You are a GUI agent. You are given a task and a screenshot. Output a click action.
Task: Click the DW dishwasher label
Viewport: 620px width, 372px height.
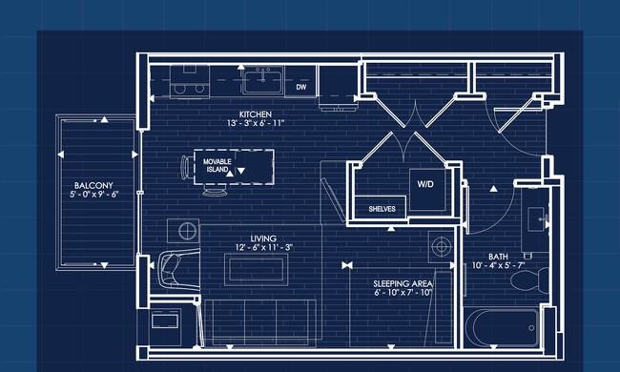click(x=301, y=87)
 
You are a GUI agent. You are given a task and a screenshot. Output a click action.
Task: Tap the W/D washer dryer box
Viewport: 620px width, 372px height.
click(x=427, y=190)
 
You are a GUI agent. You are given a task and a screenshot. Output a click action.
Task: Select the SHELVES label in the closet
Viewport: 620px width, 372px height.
click(x=382, y=209)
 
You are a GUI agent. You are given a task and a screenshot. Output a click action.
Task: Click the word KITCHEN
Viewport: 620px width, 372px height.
click(x=256, y=114)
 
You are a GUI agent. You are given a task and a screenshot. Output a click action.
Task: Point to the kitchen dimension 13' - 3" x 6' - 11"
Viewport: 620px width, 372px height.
click(x=256, y=123)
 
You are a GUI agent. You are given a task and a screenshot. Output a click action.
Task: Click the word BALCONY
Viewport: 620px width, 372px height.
click(x=93, y=185)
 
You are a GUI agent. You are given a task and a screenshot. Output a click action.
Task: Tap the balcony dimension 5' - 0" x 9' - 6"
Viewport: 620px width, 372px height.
click(x=94, y=194)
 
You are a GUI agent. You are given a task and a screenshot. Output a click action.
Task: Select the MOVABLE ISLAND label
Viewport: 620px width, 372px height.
click(x=217, y=166)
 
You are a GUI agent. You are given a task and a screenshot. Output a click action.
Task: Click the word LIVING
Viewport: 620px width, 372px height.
click(x=263, y=238)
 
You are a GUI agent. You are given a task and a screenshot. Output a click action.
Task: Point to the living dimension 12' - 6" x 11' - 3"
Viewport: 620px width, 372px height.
click(x=263, y=247)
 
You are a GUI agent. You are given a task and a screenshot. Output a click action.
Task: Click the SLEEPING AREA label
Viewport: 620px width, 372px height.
click(x=403, y=284)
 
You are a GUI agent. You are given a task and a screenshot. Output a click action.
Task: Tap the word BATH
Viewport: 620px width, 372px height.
click(x=498, y=257)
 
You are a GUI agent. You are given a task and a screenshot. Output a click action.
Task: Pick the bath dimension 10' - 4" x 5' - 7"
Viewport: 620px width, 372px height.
click(x=498, y=265)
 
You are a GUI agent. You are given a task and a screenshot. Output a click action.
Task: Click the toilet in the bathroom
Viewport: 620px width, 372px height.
click(x=530, y=279)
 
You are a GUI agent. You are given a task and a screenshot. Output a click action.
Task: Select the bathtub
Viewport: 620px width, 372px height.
click(x=502, y=328)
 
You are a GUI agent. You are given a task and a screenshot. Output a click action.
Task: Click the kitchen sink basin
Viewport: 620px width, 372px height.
click(x=263, y=81)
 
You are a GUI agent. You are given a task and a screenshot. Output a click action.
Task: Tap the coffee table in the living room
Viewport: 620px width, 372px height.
click(x=257, y=269)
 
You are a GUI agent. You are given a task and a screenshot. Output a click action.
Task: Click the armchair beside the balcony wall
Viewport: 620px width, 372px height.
click(x=178, y=270)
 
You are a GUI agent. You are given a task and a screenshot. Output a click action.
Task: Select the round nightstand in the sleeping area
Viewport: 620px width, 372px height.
click(x=441, y=246)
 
